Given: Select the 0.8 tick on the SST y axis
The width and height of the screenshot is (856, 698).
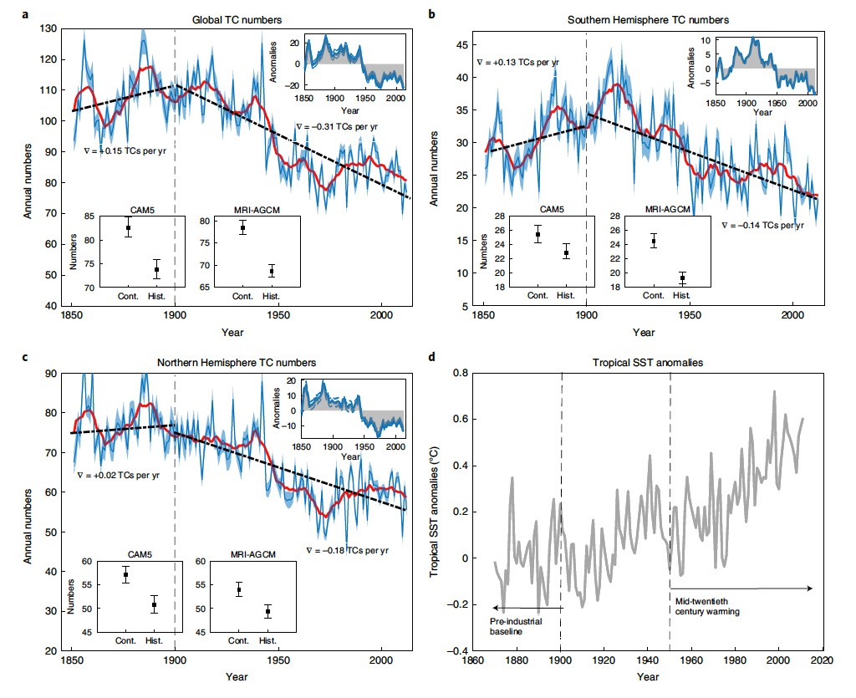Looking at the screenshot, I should point(457,372).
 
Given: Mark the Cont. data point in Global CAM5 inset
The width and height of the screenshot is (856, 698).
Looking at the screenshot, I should point(129,227).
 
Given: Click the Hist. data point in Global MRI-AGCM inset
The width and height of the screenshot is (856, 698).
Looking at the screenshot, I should point(272,271).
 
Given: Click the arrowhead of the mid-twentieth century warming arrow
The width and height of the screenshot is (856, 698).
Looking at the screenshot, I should point(812,588).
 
